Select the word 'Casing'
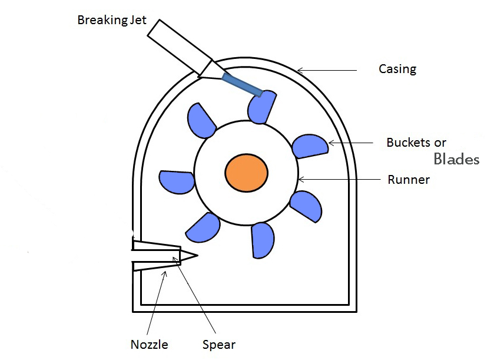pyautogui.click(x=397, y=69)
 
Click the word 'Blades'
pyautogui.click(x=456, y=159)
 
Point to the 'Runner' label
pyautogui.click(x=408, y=180)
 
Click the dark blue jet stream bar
pyautogui.click(x=242, y=84)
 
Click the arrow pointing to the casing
pyautogui.click(x=327, y=71)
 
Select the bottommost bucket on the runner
pyautogui.click(x=263, y=240)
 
